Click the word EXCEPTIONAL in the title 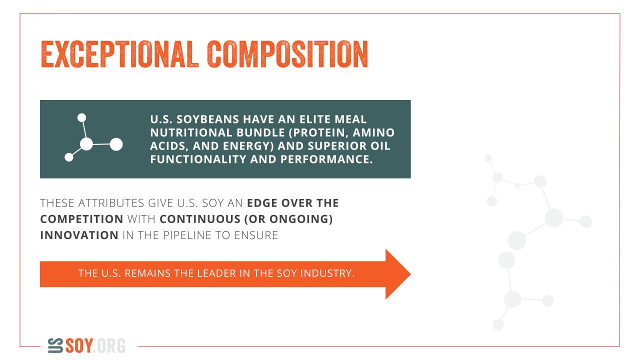click(x=119, y=54)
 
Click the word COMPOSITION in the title click(x=287, y=54)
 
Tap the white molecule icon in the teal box click(x=93, y=137)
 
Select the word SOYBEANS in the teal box click(x=207, y=119)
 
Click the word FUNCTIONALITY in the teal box click(x=198, y=159)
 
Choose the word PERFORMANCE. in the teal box click(x=326, y=159)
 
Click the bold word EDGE click(x=262, y=203)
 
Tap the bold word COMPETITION click(x=81, y=219)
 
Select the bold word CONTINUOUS click(x=200, y=219)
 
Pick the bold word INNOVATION click(x=79, y=235)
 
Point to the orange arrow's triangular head click(x=397, y=274)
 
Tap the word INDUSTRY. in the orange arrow click(x=327, y=273)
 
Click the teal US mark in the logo click(x=55, y=345)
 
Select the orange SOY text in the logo click(x=79, y=345)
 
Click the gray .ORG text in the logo click(x=109, y=345)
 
